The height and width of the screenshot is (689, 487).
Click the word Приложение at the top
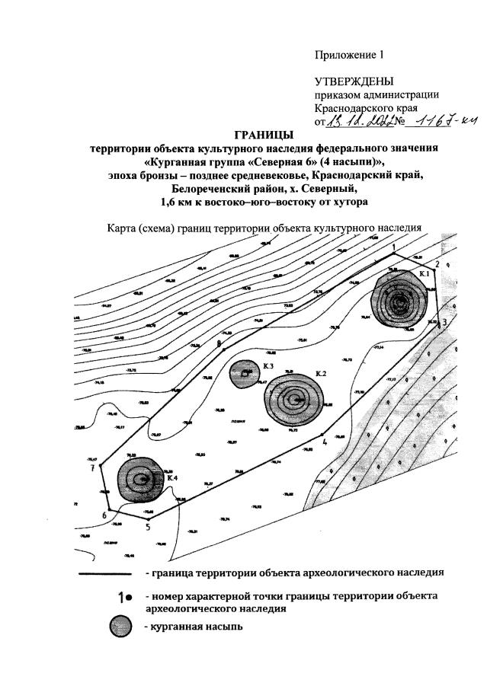(341, 55)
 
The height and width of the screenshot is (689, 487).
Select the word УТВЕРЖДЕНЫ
(354, 81)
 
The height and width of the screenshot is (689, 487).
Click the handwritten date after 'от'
(358, 121)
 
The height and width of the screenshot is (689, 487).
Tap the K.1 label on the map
(425, 273)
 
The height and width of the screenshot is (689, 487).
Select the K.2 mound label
(321, 374)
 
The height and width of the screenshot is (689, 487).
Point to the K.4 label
(171, 477)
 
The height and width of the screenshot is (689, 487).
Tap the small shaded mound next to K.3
(245, 373)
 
